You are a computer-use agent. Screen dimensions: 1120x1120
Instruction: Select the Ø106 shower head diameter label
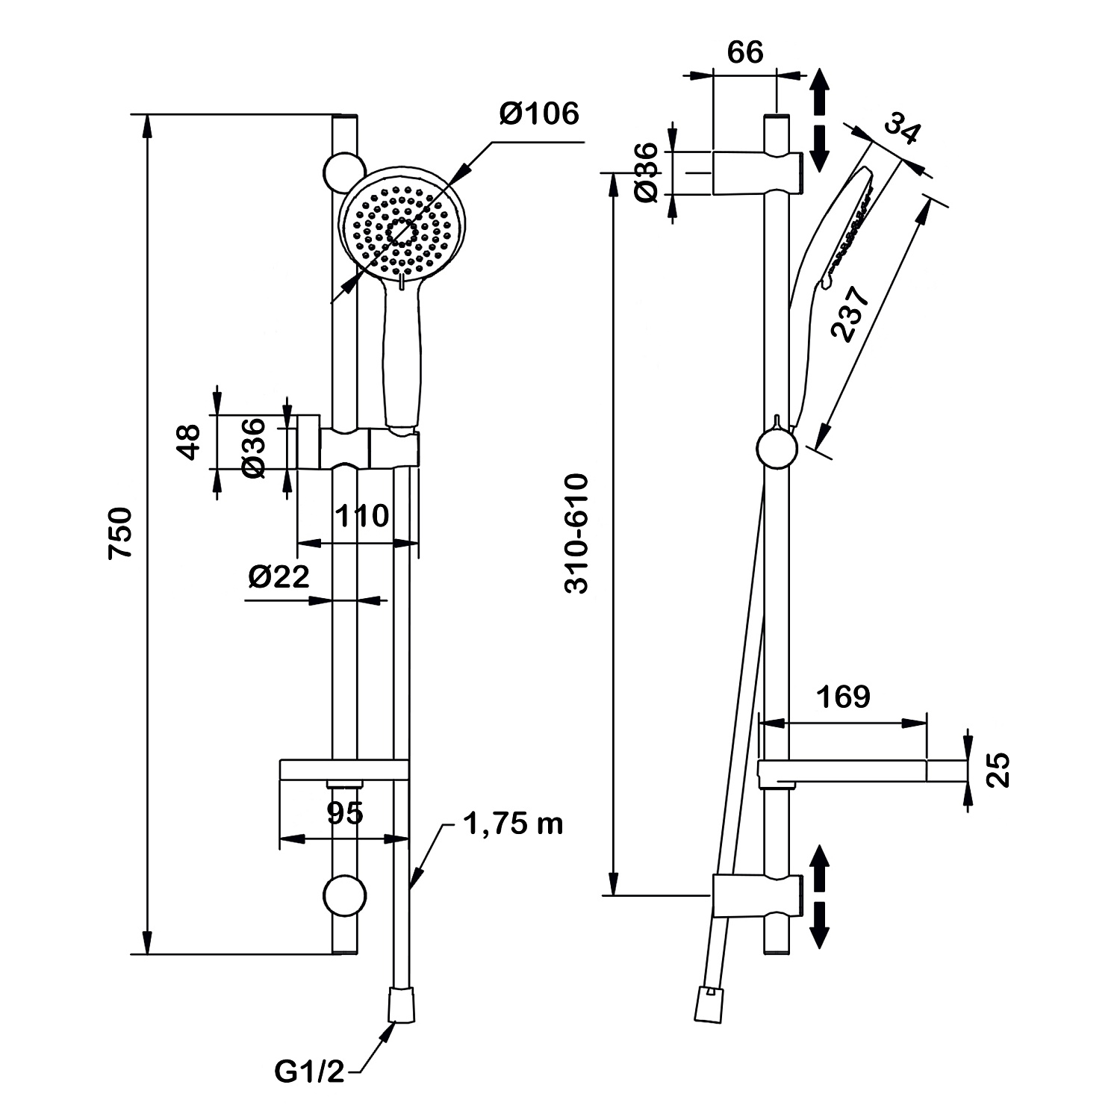pyautogui.click(x=539, y=114)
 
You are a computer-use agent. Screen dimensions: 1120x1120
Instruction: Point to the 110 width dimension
pyautogui.click(x=362, y=516)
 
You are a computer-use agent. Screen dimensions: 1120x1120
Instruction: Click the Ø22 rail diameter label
pyautogui.click(x=279, y=576)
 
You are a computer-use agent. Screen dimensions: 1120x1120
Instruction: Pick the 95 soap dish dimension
pyautogui.click(x=345, y=812)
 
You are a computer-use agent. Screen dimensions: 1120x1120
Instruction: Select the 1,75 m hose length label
pyautogui.click(x=513, y=824)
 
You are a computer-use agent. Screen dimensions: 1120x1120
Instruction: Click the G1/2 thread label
pyautogui.click(x=309, y=1072)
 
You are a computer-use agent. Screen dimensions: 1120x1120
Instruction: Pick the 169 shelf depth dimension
pyautogui.click(x=843, y=697)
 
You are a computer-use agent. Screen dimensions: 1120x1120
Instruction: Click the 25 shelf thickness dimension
pyautogui.click(x=1000, y=770)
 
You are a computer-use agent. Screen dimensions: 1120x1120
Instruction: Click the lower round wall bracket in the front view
pyautogui.click(x=344, y=894)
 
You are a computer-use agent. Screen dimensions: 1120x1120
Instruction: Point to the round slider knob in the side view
pyautogui.click(x=777, y=449)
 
